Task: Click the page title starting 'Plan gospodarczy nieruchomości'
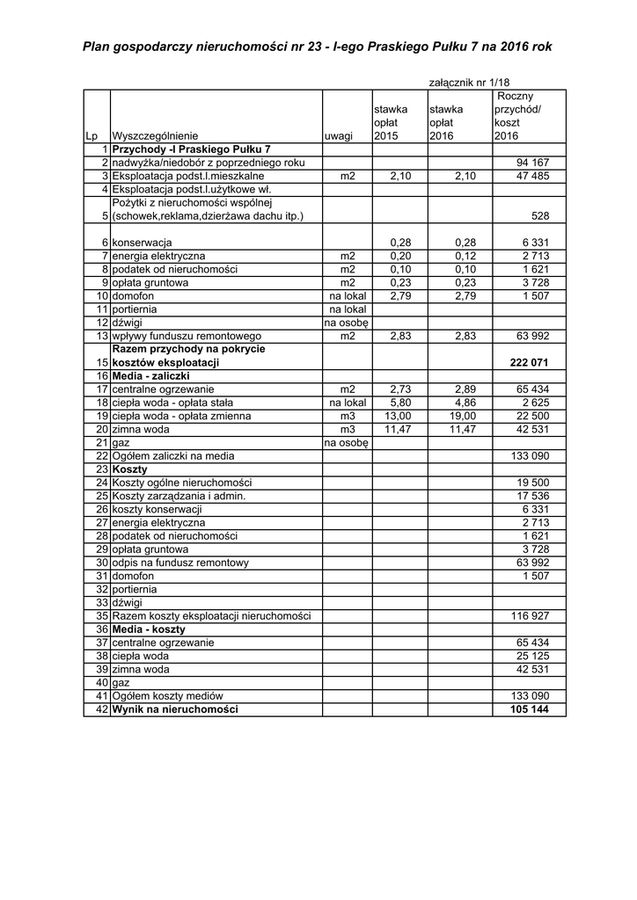318,45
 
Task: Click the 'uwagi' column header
339,136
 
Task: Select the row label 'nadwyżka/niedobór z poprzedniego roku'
208,163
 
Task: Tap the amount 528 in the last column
540,216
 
